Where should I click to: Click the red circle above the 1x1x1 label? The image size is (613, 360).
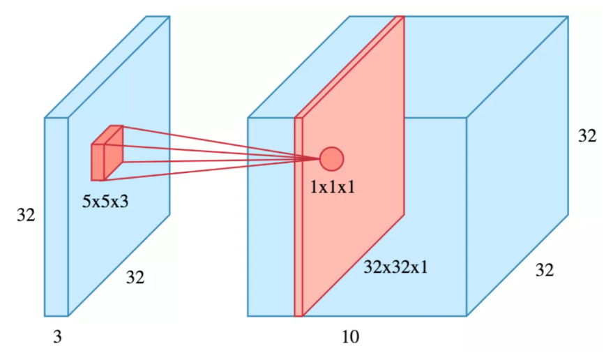331,159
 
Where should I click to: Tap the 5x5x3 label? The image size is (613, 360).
105,202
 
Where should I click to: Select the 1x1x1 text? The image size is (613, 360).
333,188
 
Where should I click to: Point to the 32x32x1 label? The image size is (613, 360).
395,267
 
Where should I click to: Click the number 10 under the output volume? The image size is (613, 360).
350,336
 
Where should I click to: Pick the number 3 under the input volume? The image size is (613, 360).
57,336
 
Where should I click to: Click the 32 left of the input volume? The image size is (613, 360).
26,215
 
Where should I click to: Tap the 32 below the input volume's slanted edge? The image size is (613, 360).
135,278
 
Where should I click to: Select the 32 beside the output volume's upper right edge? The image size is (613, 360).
587,136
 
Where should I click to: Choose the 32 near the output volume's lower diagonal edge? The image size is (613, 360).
545,270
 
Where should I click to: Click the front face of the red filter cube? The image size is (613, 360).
98,163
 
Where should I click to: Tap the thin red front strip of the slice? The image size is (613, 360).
298,217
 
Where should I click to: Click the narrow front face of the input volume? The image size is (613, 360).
56,217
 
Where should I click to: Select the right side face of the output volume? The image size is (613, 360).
517,166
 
